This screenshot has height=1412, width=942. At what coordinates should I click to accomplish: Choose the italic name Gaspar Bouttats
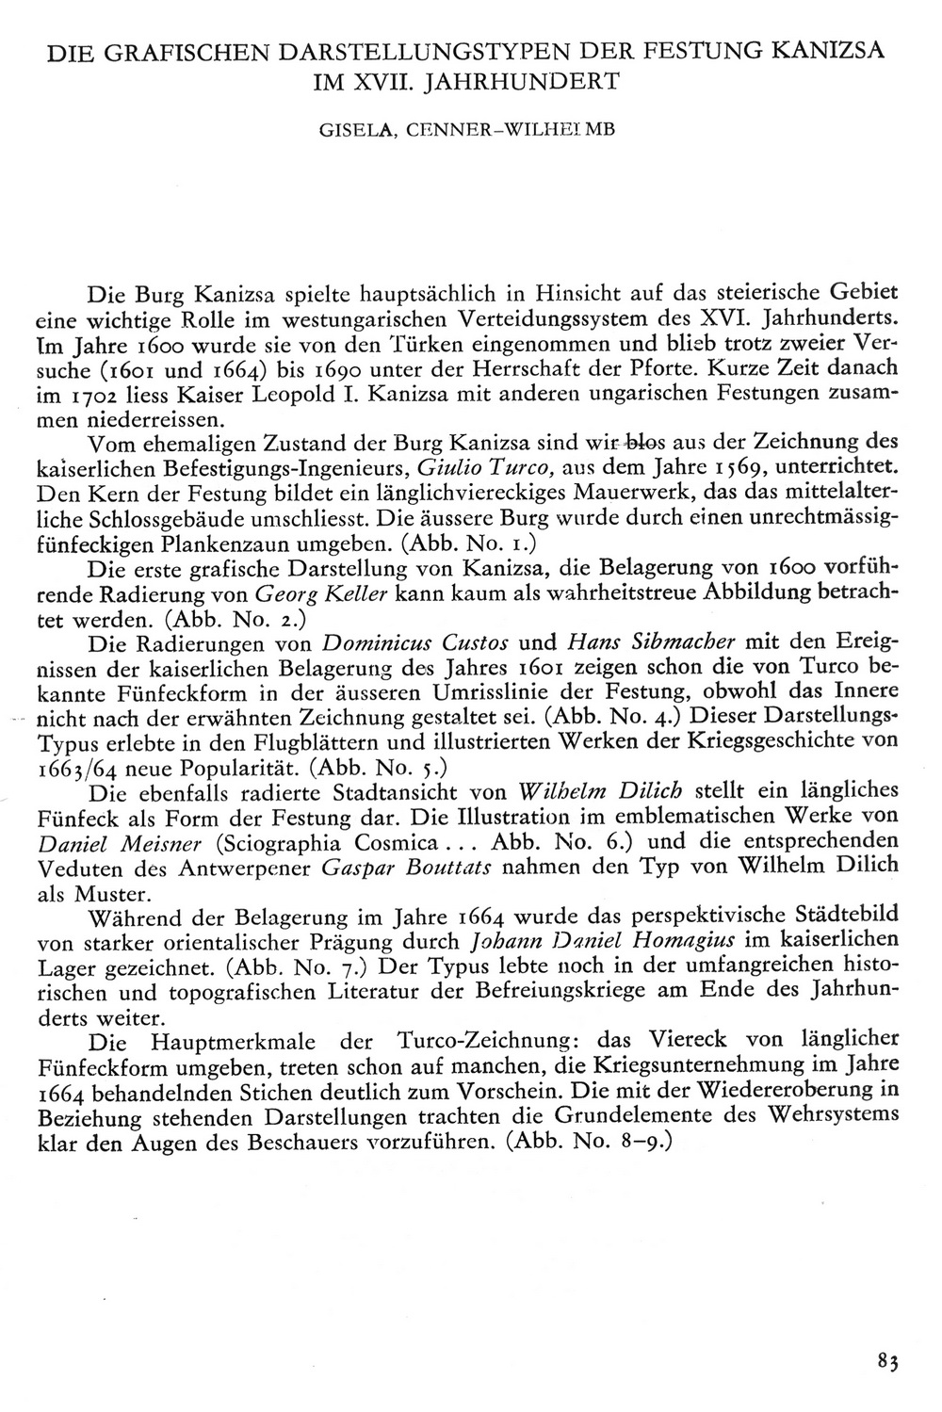(x=411, y=866)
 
